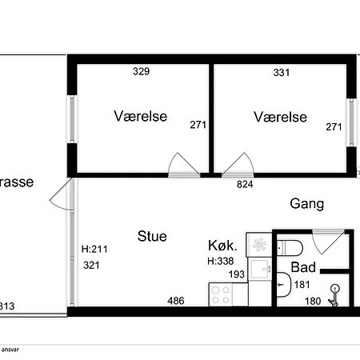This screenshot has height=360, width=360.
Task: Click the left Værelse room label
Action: (140, 117)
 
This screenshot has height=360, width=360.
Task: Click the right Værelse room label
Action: (280, 117)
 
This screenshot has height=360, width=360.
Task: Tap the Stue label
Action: (152, 236)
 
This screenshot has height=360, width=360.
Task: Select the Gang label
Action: (306, 203)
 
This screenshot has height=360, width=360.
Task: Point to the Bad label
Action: (302, 267)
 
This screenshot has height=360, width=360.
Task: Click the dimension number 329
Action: (141, 72)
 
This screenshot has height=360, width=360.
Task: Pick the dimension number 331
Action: (282, 72)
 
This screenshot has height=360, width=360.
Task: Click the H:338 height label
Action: (221, 261)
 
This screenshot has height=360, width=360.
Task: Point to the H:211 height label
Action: (94, 249)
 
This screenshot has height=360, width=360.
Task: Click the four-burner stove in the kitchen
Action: (220, 294)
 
